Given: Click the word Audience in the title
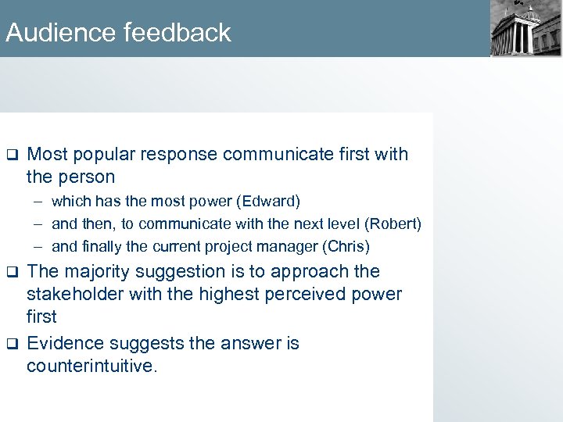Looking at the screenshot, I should click(61, 33).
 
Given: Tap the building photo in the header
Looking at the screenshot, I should click(525, 28).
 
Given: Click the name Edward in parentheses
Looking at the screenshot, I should click(273, 201).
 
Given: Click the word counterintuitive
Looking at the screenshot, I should click(91, 366).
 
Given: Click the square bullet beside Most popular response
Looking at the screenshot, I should click(12, 155).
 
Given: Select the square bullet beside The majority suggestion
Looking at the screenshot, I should click(12, 272).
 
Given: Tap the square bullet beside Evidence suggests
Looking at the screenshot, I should click(12, 344).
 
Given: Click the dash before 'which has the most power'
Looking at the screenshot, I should click(38, 201).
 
